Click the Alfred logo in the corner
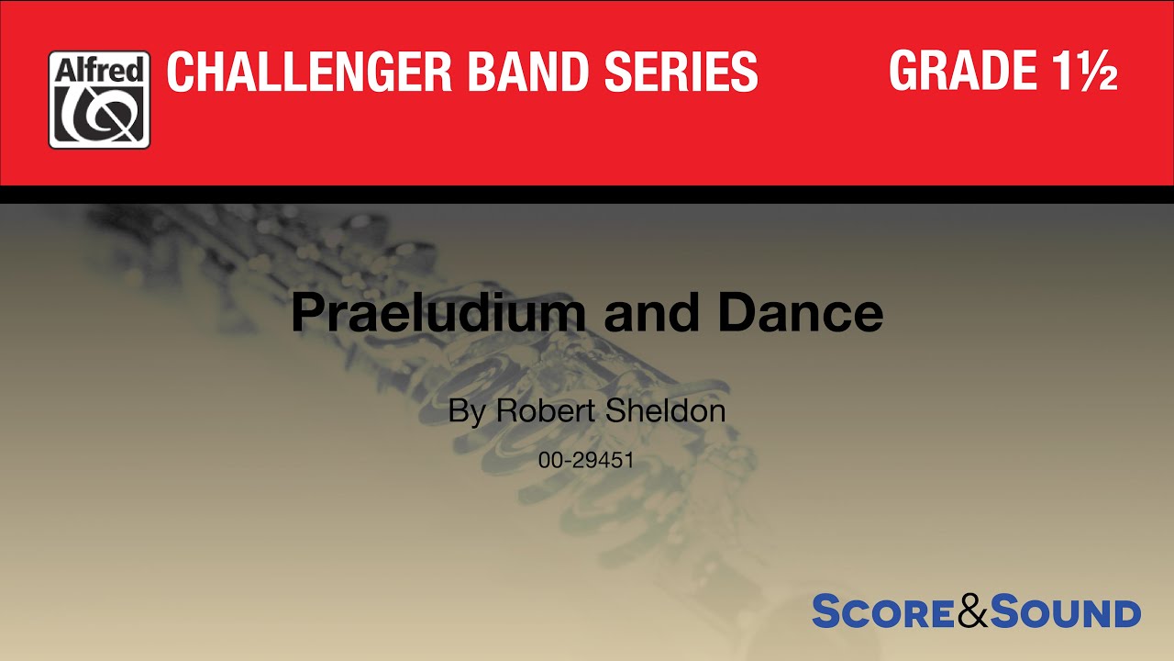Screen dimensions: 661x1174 (99, 100)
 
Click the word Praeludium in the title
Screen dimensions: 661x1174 (437, 314)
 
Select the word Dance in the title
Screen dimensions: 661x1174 (801, 314)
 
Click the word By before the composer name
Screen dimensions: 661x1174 (467, 411)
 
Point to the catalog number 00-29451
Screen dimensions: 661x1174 (587, 461)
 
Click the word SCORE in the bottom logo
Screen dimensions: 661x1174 (883, 612)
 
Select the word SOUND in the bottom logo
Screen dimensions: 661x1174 (1067, 612)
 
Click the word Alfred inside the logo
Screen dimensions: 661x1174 (99, 70)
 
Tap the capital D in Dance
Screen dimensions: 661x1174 (736, 314)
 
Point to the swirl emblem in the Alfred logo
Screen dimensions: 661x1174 (99, 114)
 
